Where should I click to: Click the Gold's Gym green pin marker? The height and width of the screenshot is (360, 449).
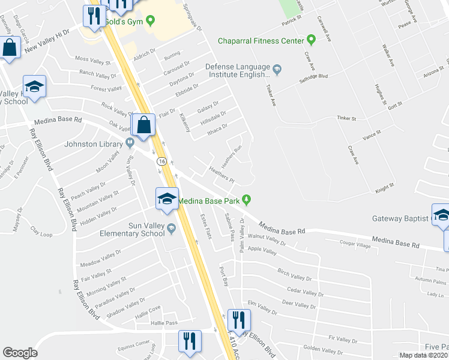(151, 22)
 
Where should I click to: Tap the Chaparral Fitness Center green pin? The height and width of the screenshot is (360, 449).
(311, 41)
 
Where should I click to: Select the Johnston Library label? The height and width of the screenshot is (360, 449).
(94, 143)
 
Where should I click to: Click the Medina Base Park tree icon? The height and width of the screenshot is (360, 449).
(247, 200)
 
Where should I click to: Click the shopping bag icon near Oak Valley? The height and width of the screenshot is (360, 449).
(143, 127)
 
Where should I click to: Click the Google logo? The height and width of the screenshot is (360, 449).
(20, 353)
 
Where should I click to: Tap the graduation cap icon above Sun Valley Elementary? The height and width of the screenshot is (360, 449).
(166, 200)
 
